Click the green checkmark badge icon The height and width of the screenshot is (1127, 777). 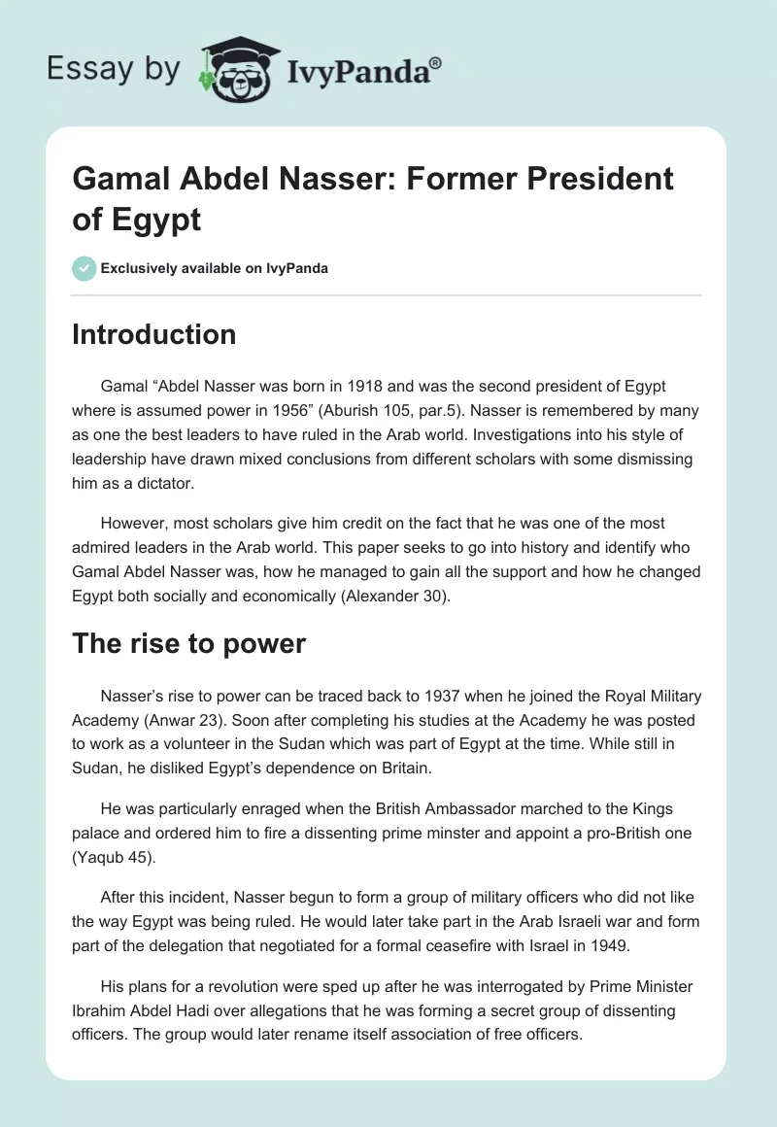84,268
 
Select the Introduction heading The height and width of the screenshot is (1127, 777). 154,334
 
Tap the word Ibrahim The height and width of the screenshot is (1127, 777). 100,1011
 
